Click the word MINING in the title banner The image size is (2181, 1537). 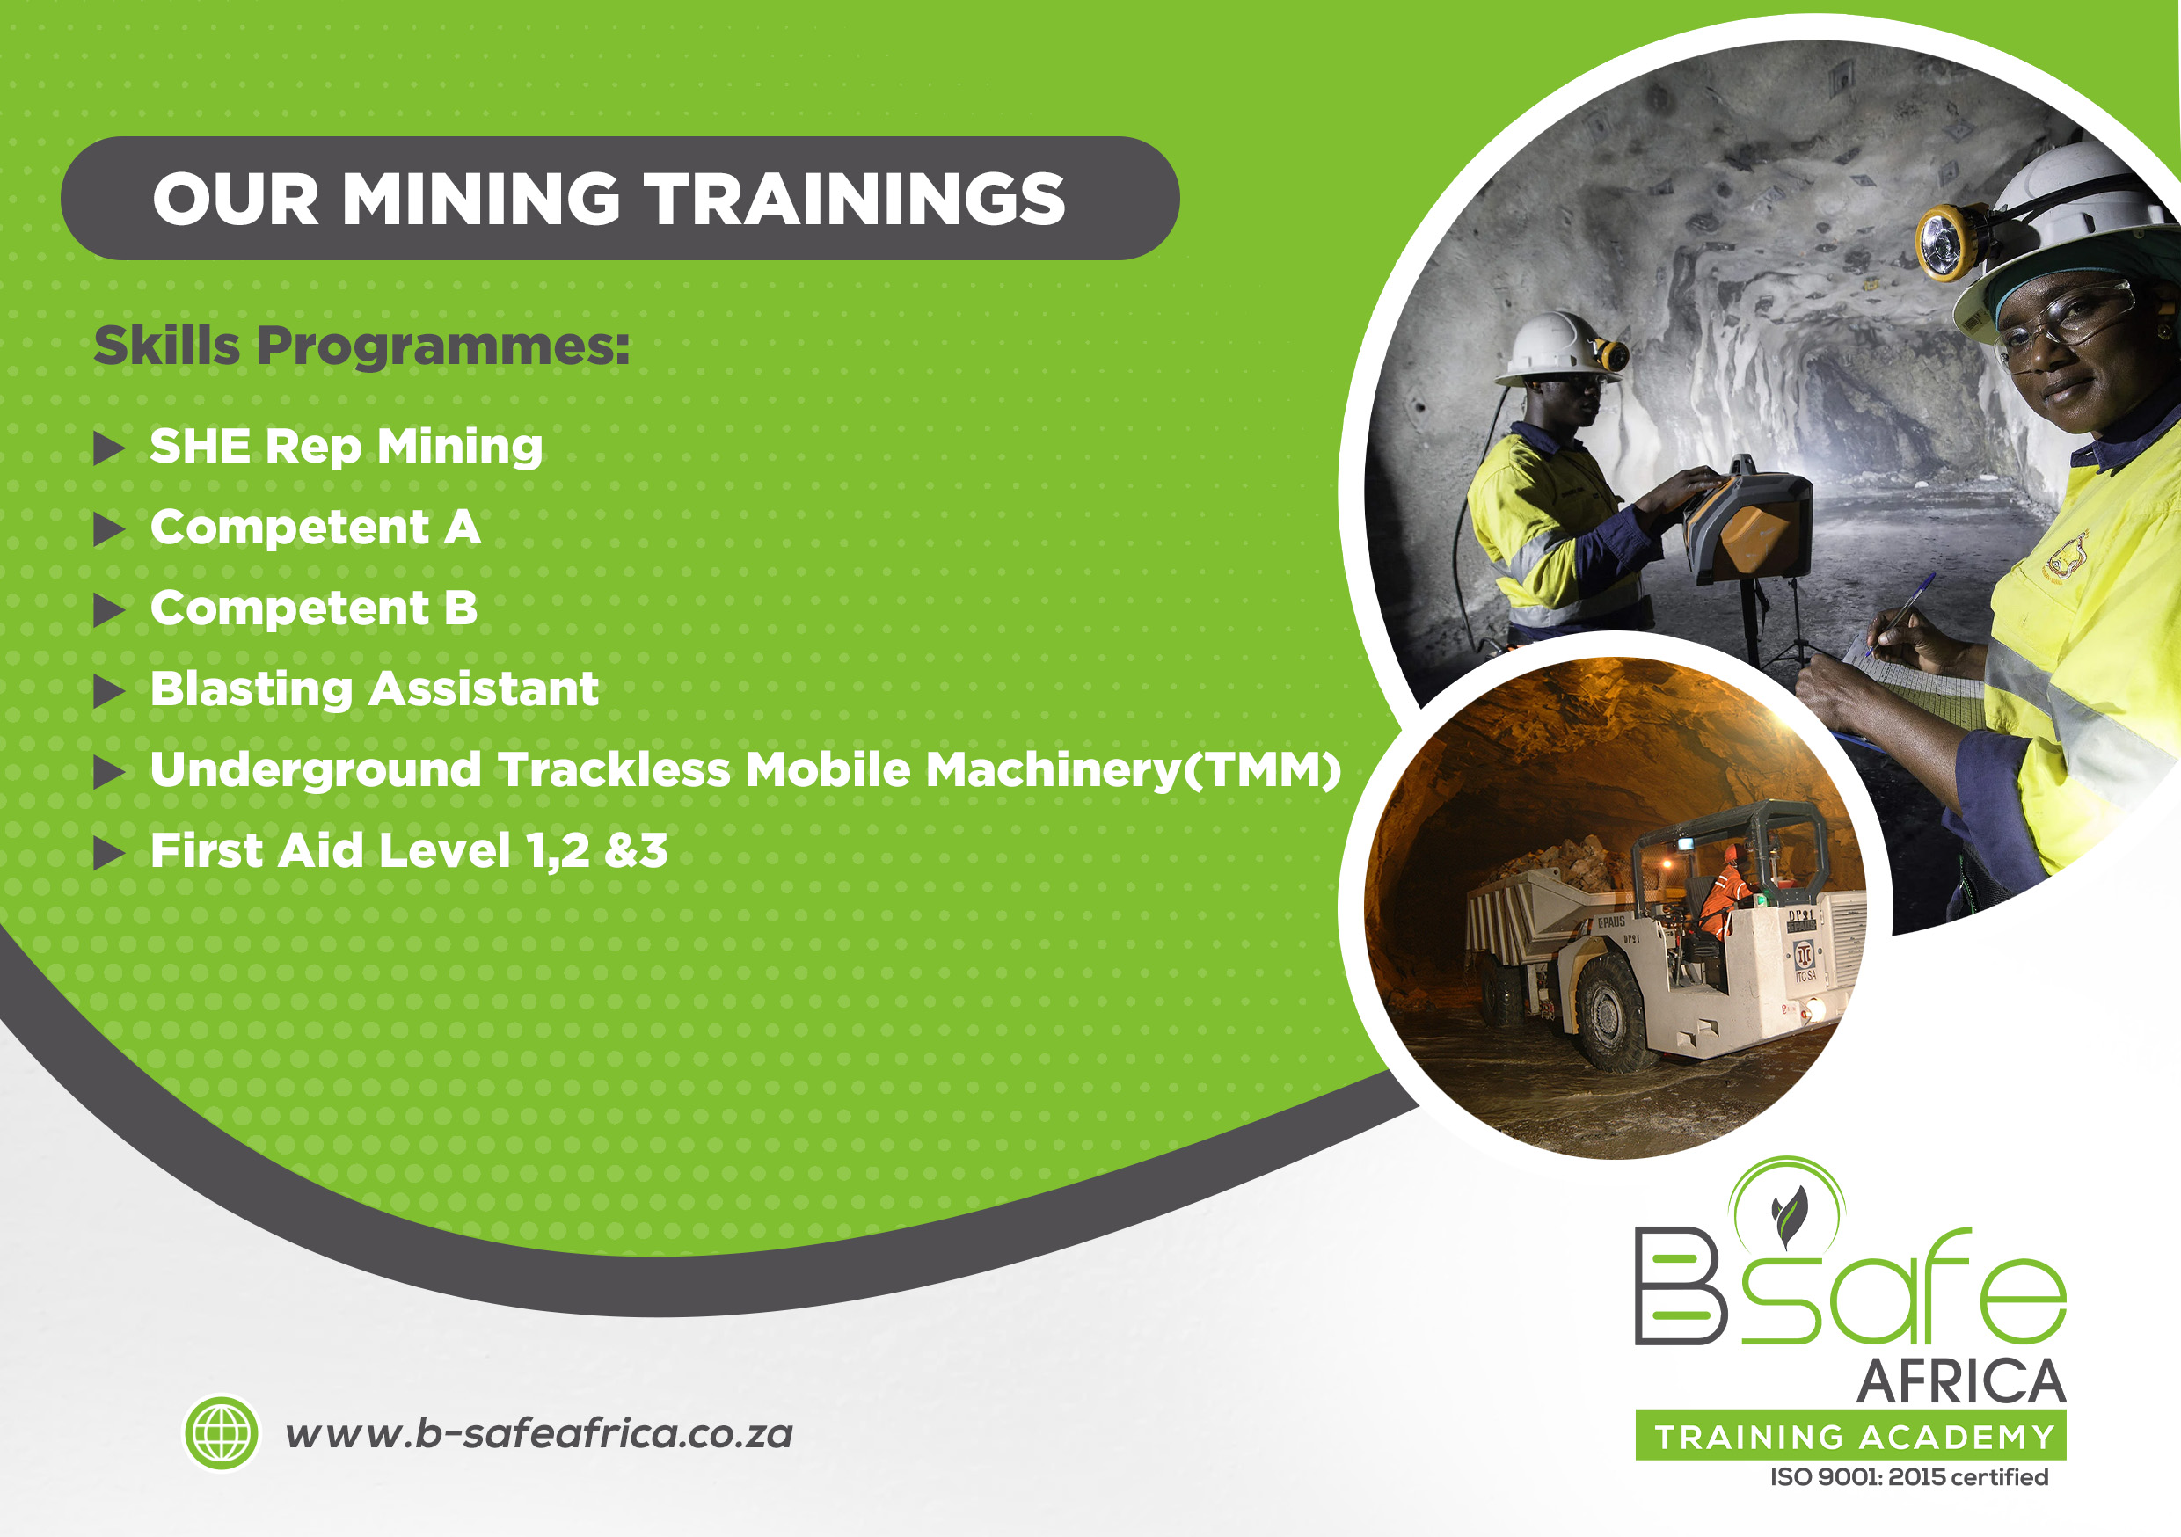(479, 200)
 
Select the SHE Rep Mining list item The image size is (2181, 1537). (346, 447)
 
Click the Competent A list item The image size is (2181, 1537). (316, 528)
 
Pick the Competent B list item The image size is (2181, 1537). (313, 608)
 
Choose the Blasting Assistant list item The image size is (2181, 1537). (375, 688)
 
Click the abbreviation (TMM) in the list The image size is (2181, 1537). (1261, 770)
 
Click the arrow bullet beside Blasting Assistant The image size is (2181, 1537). (109, 691)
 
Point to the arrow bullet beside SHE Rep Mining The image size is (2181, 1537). (109, 448)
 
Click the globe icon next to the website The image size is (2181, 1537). (222, 1432)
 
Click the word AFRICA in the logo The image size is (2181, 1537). (1961, 1381)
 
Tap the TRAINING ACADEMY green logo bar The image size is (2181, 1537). (1850, 1436)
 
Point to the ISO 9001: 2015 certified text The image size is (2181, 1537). (1909, 1477)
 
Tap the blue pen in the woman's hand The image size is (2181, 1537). (1900, 614)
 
